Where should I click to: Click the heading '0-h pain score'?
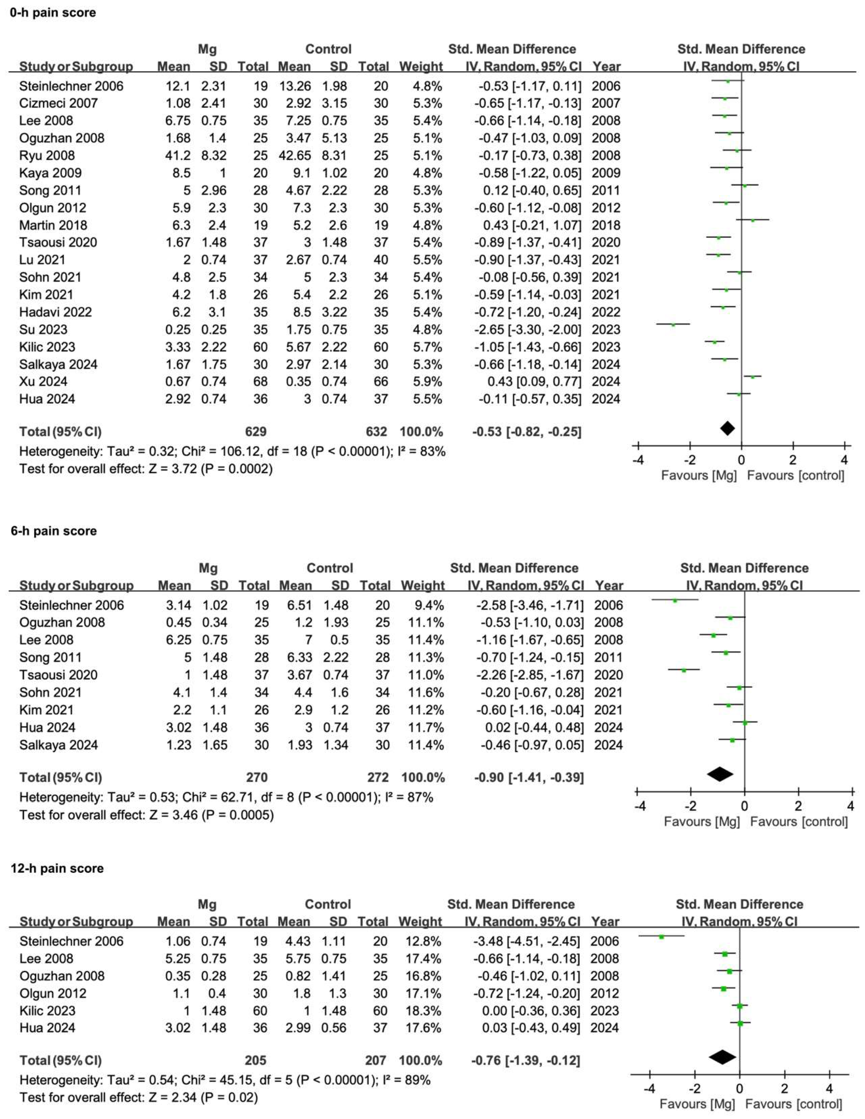pos(53,12)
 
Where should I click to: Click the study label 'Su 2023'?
pos(43,329)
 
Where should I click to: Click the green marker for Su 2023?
pos(673,324)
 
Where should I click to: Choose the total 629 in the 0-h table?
pos(256,431)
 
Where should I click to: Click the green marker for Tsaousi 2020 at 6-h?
pos(684,670)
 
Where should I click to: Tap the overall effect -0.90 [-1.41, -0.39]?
pos(529,777)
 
